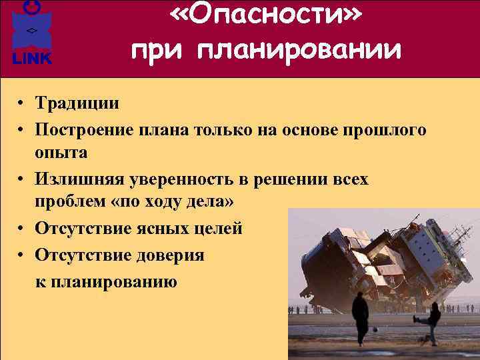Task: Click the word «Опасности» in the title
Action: pos(266,16)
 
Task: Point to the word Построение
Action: pos(88,129)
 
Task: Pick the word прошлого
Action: pos(384,129)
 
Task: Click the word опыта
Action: pos(61,153)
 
